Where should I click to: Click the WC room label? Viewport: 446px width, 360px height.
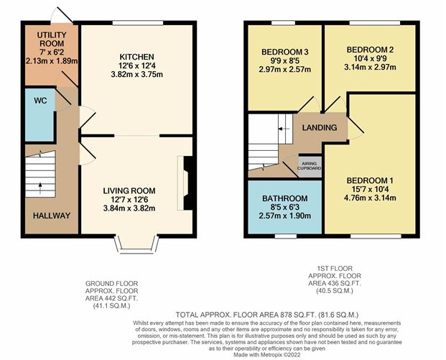(40, 101)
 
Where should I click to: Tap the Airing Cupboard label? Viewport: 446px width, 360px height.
(310, 166)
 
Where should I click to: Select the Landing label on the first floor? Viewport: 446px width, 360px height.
(320, 127)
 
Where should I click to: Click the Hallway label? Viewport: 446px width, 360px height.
(52, 216)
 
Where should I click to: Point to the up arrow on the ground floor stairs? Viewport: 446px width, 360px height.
(40, 188)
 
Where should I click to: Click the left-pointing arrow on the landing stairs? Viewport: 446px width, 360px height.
(284, 129)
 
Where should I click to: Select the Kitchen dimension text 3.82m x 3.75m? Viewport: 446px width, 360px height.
(136, 75)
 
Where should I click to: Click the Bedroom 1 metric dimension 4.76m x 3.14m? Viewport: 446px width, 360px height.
(370, 198)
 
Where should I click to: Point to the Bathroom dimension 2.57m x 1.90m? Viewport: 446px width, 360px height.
(284, 216)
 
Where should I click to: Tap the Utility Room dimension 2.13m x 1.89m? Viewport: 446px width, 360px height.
(52, 61)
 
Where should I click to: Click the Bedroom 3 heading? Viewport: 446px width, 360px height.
(284, 52)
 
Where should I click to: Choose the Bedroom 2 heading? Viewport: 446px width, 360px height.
(370, 50)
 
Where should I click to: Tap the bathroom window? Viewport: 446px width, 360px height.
(286, 236)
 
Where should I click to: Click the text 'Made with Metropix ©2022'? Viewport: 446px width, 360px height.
(266, 355)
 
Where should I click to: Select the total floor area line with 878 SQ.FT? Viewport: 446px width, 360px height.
(266, 315)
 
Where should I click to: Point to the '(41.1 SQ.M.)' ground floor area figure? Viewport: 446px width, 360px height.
(112, 306)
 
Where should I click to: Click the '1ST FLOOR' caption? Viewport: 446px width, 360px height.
(335, 268)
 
